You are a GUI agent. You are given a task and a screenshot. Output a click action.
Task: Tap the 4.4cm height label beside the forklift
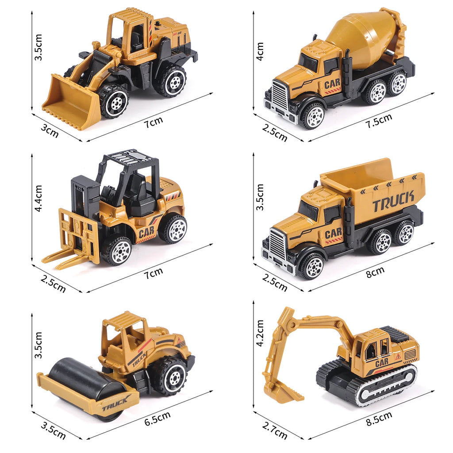(39, 198)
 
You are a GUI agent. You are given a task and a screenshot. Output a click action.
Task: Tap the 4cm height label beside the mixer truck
(260, 51)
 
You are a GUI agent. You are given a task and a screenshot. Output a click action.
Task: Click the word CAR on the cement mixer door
(332, 84)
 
